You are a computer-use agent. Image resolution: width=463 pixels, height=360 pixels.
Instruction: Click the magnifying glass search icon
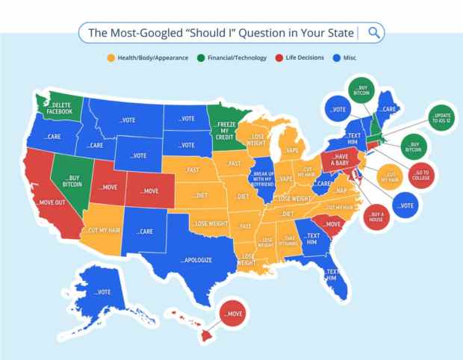(x=375, y=32)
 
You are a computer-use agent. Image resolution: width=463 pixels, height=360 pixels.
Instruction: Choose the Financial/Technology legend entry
(x=232, y=58)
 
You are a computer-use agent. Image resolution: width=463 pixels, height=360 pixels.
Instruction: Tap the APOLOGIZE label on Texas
(x=197, y=260)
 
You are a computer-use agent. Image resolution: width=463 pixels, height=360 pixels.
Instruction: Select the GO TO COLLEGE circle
(x=421, y=176)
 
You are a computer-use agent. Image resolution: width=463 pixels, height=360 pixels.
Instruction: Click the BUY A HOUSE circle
(x=376, y=217)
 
